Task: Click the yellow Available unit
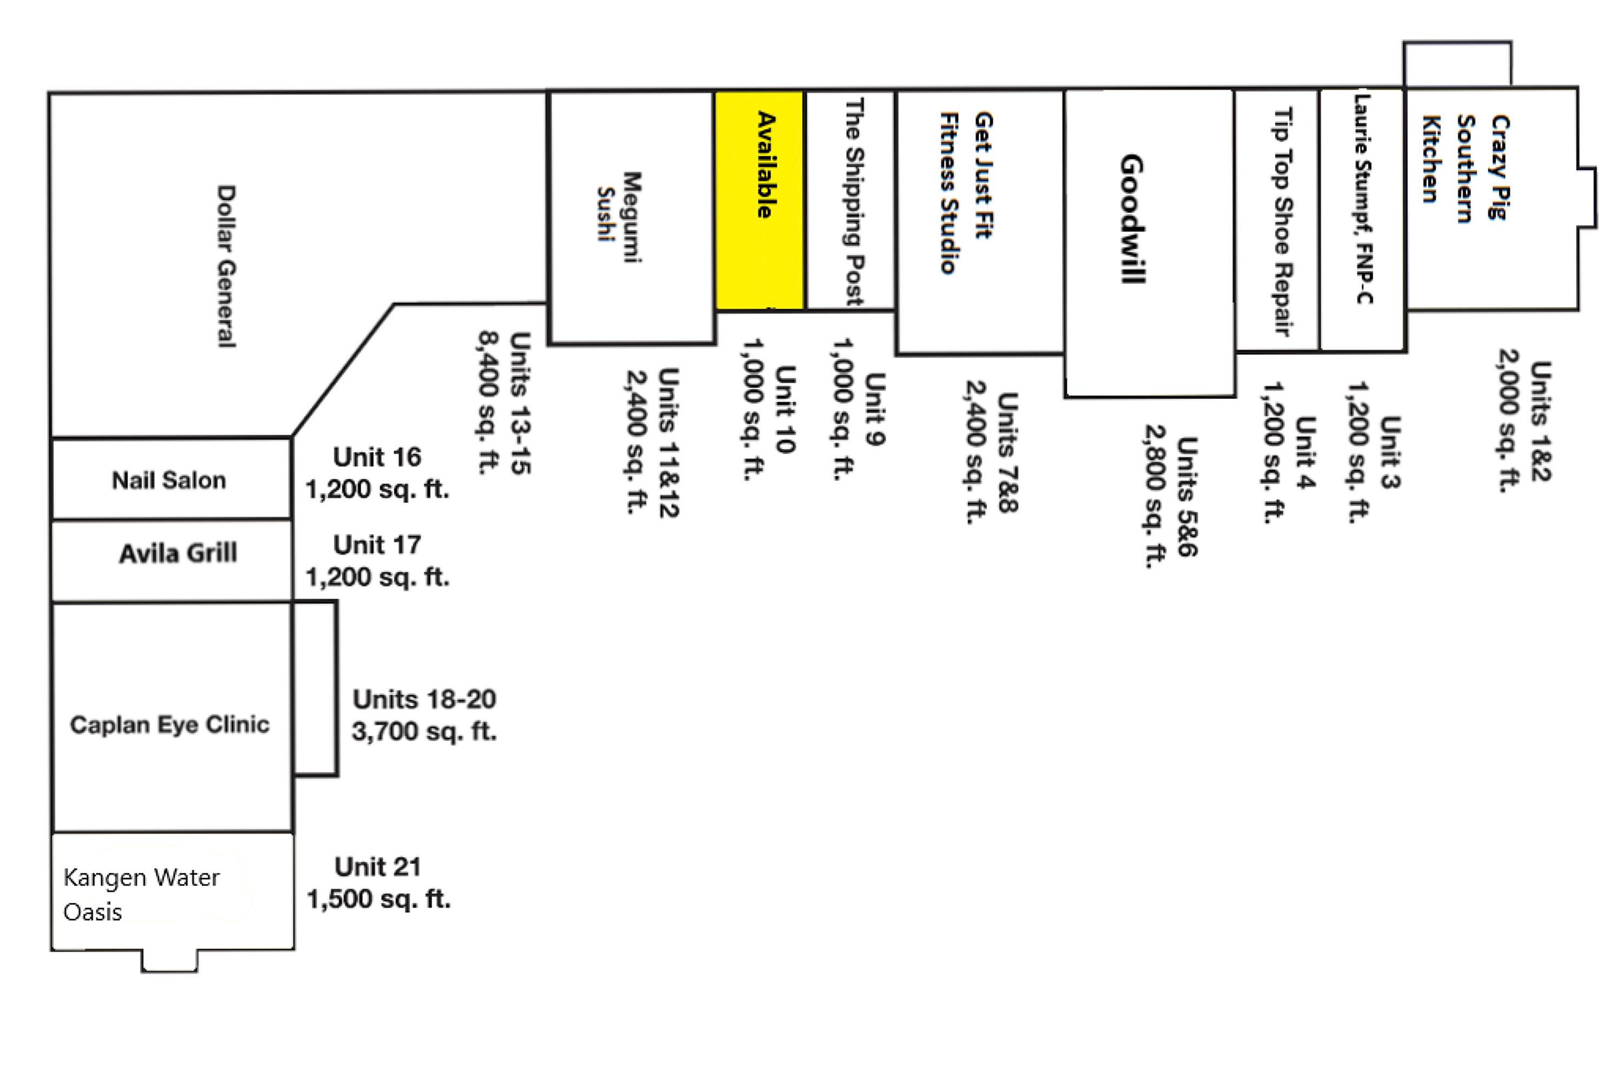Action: pyautogui.click(x=759, y=201)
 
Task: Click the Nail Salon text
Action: pyautogui.click(x=169, y=480)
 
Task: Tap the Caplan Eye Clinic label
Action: pyautogui.click(x=170, y=724)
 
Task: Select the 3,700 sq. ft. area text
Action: pyautogui.click(x=423, y=731)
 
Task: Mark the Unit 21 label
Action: pyautogui.click(x=377, y=867)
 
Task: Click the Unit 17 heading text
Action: pyautogui.click(x=377, y=545)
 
